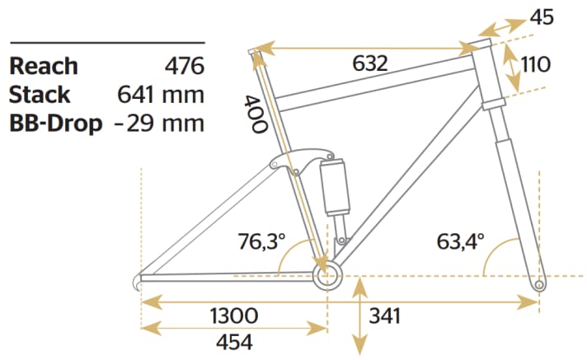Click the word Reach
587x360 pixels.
tap(44, 66)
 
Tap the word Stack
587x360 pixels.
tap(40, 95)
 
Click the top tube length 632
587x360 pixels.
tap(370, 63)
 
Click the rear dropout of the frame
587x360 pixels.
tap(139, 281)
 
